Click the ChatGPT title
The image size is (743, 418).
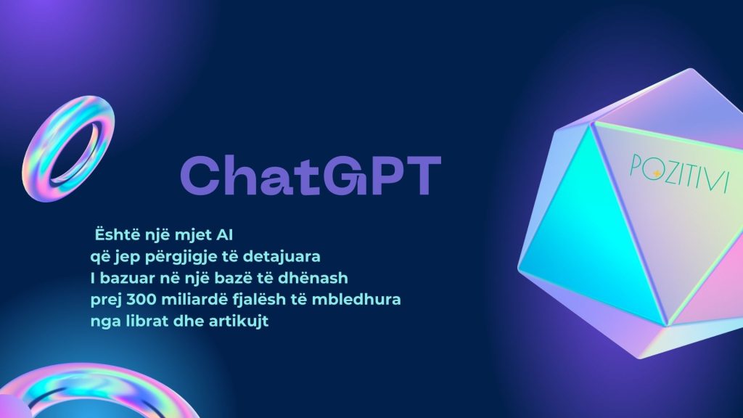click(x=311, y=176)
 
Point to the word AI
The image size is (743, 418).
click(x=224, y=235)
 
